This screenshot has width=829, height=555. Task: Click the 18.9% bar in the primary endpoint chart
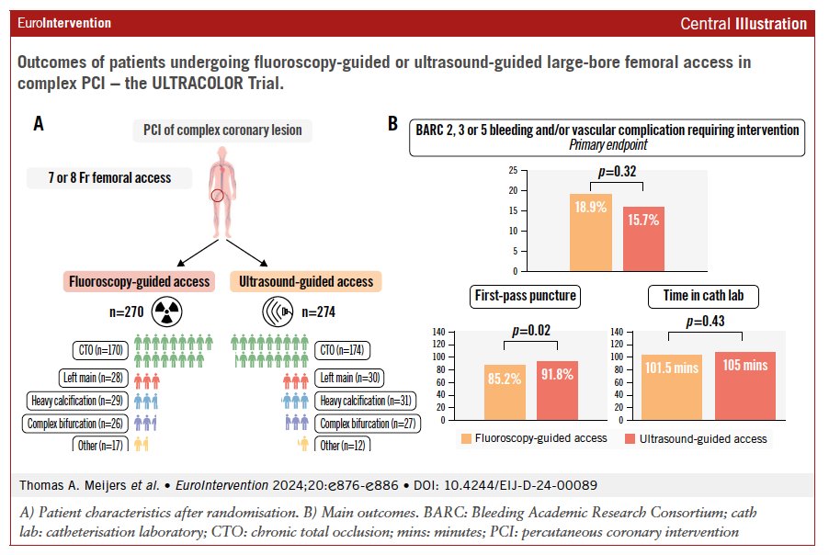[x=591, y=232]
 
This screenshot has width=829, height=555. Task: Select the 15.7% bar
[x=643, y=239]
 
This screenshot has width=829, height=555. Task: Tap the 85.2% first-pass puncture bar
[x=505, y=392]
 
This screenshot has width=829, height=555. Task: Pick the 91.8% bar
[x=557, y=391]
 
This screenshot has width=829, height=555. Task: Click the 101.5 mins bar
[x=672, y=388]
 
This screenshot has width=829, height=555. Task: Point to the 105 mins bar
[x=745, y=386]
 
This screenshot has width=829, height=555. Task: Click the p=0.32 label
[x=617, y=172]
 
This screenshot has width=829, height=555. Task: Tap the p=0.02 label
[x=531, y=331]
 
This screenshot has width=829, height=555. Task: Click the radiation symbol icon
[x=167, y=311]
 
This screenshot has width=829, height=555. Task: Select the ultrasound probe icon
[x=278, y=311]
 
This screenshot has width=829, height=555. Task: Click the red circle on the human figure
[x=217, y=196]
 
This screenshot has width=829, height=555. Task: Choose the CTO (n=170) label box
[x=100, y=350]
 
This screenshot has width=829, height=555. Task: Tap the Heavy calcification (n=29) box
[x=77, y=401]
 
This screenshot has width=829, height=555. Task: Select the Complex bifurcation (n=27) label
[x=368, y=424]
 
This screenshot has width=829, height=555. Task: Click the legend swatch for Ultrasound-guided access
[x=630, y=438]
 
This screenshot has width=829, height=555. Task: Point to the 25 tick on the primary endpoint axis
[x=513, y=170]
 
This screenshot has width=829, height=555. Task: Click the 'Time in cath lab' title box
[x=703, y=296]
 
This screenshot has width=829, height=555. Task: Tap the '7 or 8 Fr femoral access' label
[x=109, y=178]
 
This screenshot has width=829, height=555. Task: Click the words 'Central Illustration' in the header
[x=744, y=24]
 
